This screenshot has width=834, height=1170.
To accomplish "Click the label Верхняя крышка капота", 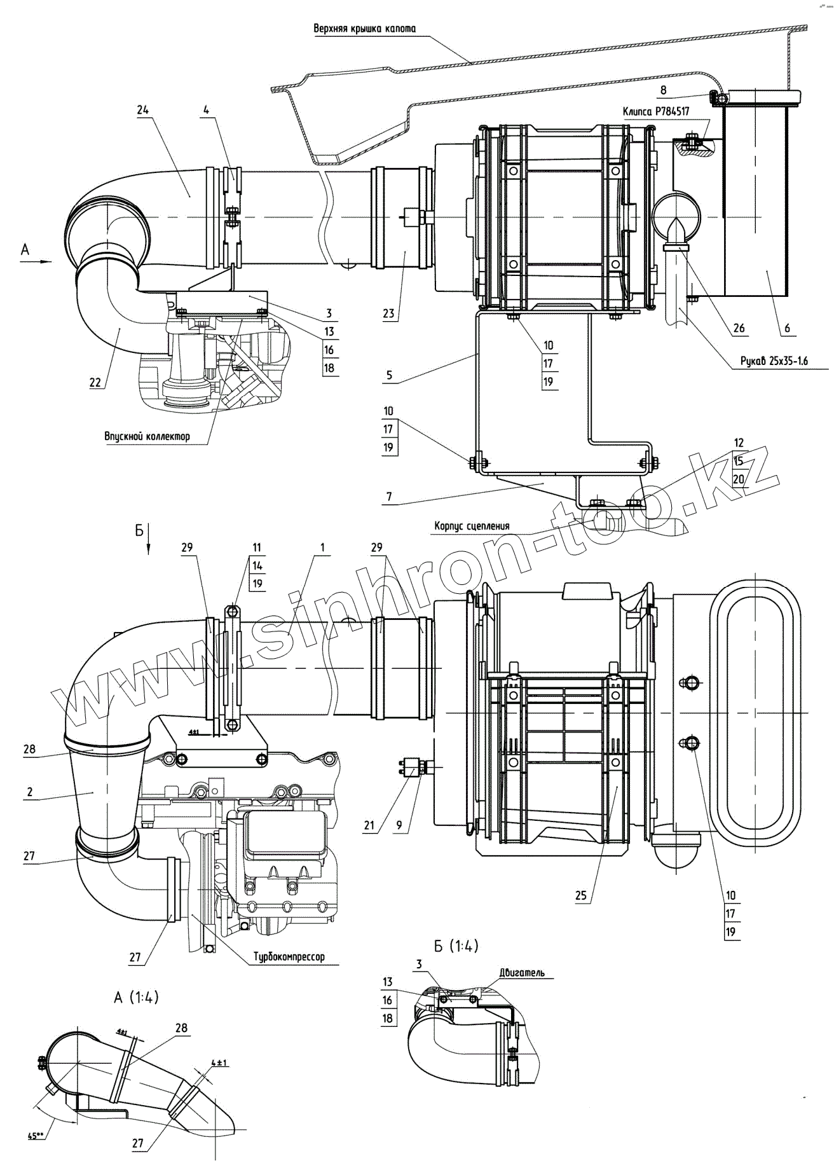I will coord(364,29).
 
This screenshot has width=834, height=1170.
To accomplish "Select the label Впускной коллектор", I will coord(147,436).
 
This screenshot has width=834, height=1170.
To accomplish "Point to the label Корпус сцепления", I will coord(472,526).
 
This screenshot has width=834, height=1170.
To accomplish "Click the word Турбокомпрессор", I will coord(289,956).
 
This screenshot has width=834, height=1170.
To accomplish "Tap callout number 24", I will coord(142,109).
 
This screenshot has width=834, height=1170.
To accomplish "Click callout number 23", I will coord(389,313).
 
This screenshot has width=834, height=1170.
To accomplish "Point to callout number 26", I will coord(739,329).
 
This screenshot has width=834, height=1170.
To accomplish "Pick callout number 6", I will coord(787,328).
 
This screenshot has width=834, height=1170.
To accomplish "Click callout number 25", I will coord(580,896).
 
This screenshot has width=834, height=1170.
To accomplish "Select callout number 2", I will coord(30,792).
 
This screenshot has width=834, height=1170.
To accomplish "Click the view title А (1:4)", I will coord(136,998).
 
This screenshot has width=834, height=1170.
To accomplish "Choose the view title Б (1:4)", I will coord(456,946).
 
